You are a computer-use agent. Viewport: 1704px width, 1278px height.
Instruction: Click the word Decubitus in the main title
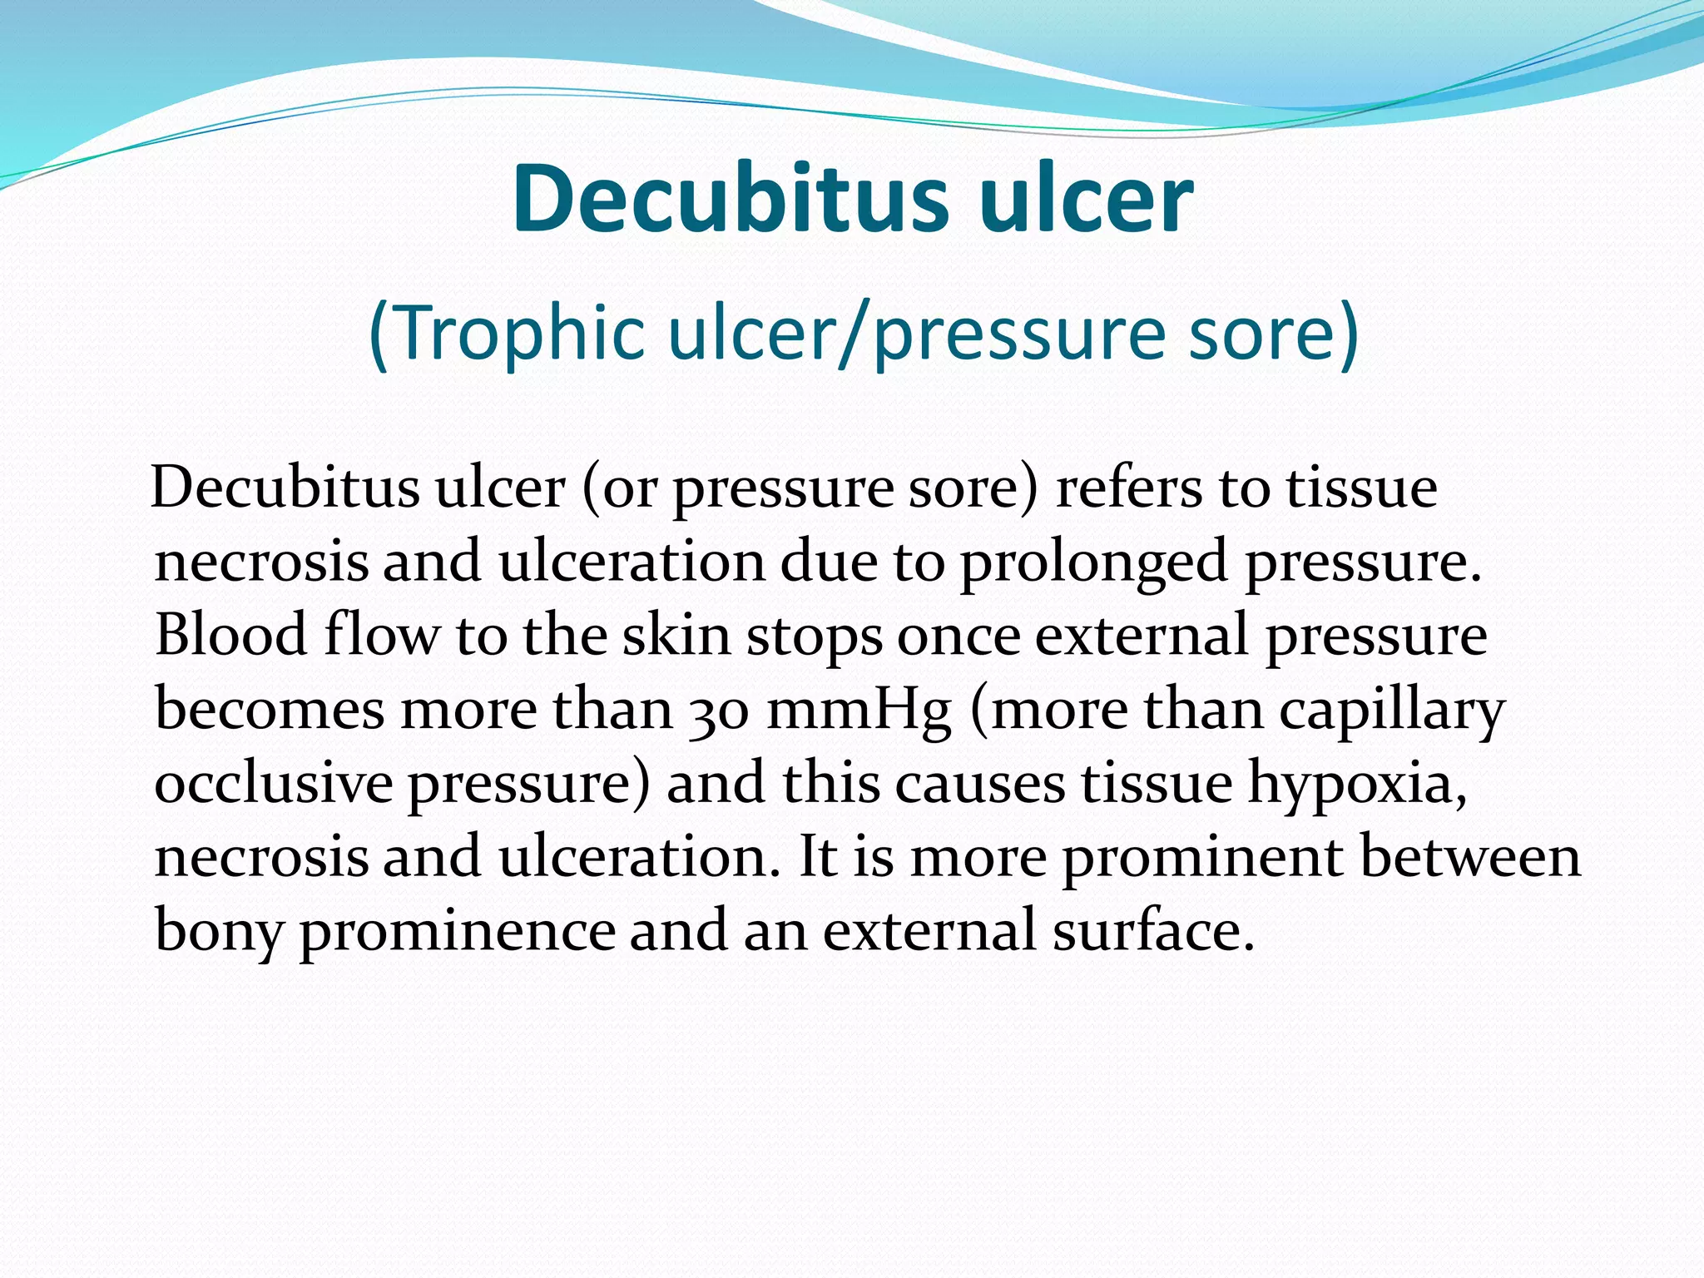click(x=730, y=200)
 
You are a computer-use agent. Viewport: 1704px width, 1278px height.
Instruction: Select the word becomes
click(x=270, y=710)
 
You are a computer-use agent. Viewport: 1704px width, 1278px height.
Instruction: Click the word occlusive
click(x=273, y=784)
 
